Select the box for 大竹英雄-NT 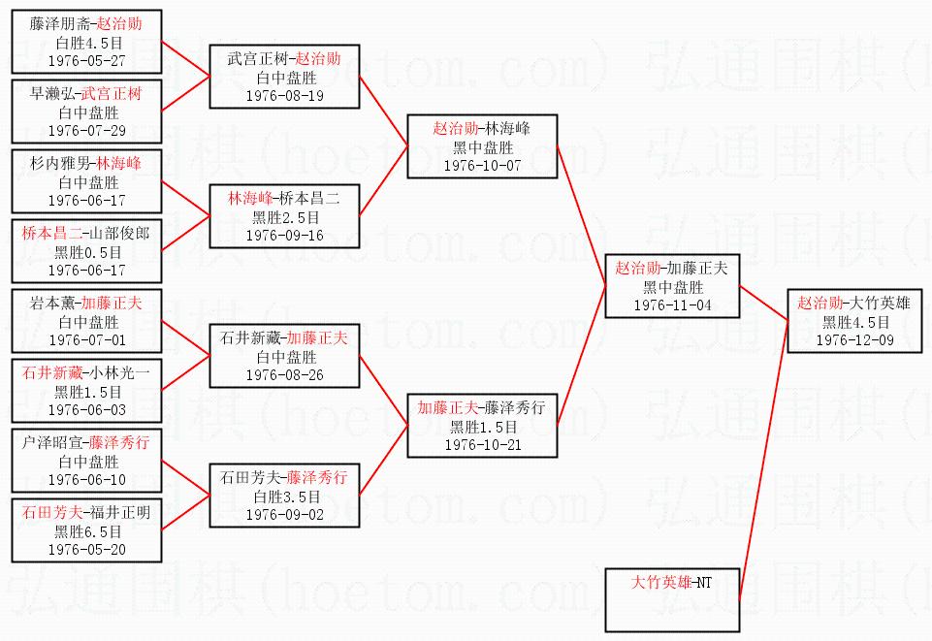coord(671,599)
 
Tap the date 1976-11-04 coord(672,304)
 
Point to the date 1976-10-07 coord(482,165)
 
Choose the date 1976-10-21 coord(482,444)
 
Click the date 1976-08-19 coord(284,96)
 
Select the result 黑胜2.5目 coord(284,217)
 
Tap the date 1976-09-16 coord(284,235)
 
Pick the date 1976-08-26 coord(284,374)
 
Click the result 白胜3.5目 coord(284,497)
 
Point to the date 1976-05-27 coord(86,60)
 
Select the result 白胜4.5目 coord(86,43)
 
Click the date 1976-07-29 coord(86,130)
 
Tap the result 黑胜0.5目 coord(86,252)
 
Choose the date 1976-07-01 coord(86,339)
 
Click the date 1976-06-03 coord(86,409)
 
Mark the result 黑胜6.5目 coord(86,531)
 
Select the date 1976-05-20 coord(86,549)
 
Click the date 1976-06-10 coord(86,479)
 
